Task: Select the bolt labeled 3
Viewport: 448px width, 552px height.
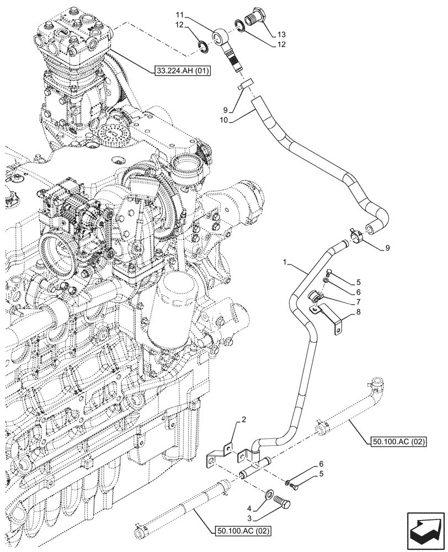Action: (x=285, y=503)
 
